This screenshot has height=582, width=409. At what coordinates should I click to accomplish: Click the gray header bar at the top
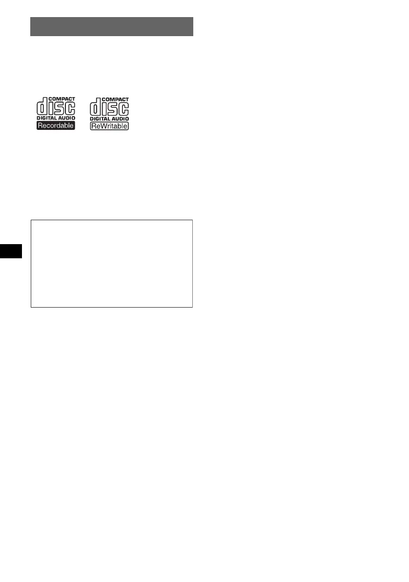click(x=112, y=27)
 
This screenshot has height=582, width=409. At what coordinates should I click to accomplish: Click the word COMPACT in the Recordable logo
click(x=62, y=99)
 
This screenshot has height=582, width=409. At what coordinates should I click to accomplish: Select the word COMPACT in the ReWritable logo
click(x=116, y=99)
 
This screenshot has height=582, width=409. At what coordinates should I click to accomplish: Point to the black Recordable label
click(x=56, y=126)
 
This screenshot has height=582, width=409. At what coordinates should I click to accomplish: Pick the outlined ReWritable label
click(x=110, y=126)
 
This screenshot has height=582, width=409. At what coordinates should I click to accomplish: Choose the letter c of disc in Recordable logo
click(x=70, y=109)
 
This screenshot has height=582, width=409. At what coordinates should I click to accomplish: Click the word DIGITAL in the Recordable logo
click(x=47, y=119)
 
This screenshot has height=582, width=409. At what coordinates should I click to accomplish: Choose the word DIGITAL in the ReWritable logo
click(x=101, y=119)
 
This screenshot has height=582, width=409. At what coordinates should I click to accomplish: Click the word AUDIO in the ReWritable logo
click(x=120, y=119)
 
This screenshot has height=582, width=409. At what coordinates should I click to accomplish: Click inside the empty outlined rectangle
click(x=112, y=264)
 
